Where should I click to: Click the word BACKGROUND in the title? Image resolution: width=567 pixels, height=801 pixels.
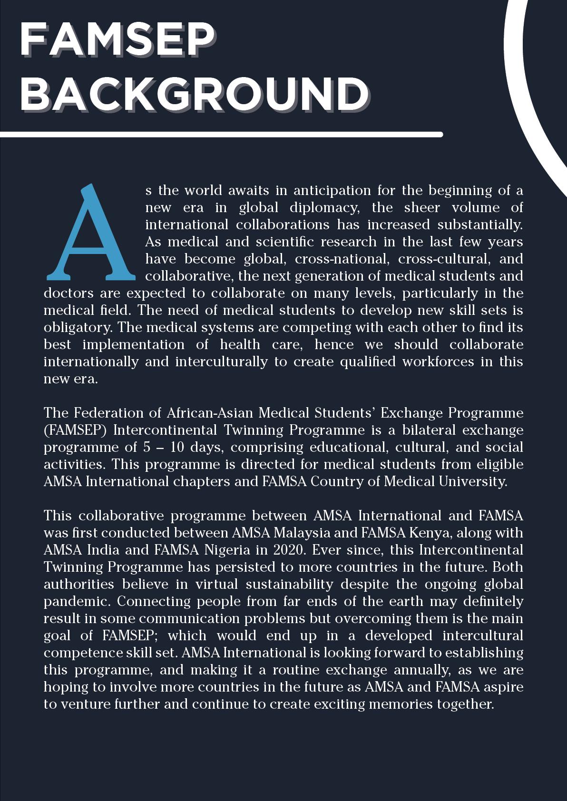pyautogui.click(x=194, y=93)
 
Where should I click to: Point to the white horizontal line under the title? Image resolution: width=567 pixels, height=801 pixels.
pyautogui.click(x=221, y=135)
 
